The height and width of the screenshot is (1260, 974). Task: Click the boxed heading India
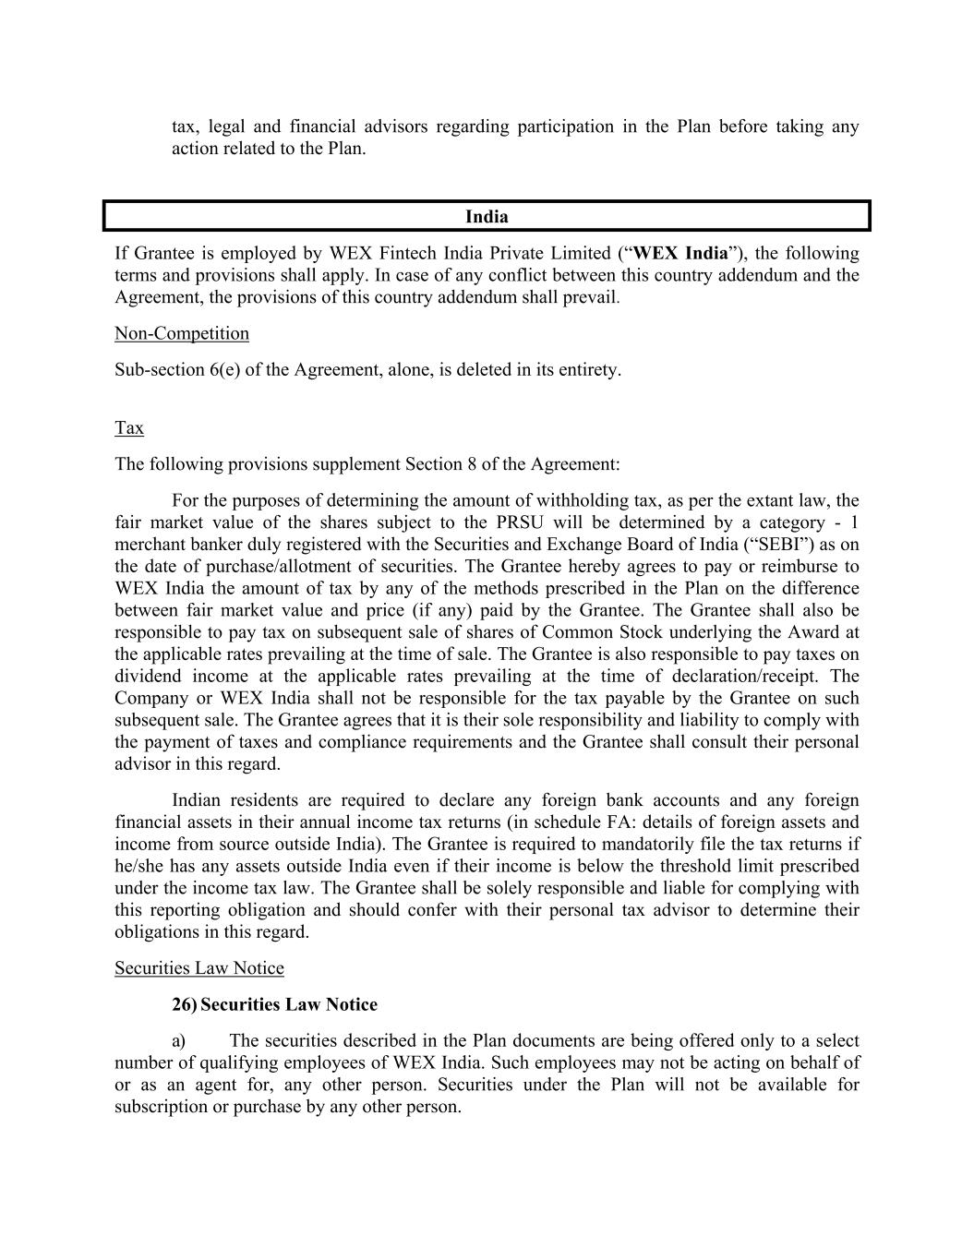[487, 217]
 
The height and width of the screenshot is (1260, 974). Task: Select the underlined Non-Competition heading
[182, 333]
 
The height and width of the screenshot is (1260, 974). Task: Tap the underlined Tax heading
[129, 428]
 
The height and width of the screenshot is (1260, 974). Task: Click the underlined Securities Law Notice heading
[199, 968]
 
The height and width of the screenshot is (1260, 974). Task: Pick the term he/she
[141, 866]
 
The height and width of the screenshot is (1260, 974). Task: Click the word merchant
[149, 545]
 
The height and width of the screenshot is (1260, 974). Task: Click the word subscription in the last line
[161, 1107]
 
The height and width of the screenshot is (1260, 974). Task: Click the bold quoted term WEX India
[681, 253]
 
